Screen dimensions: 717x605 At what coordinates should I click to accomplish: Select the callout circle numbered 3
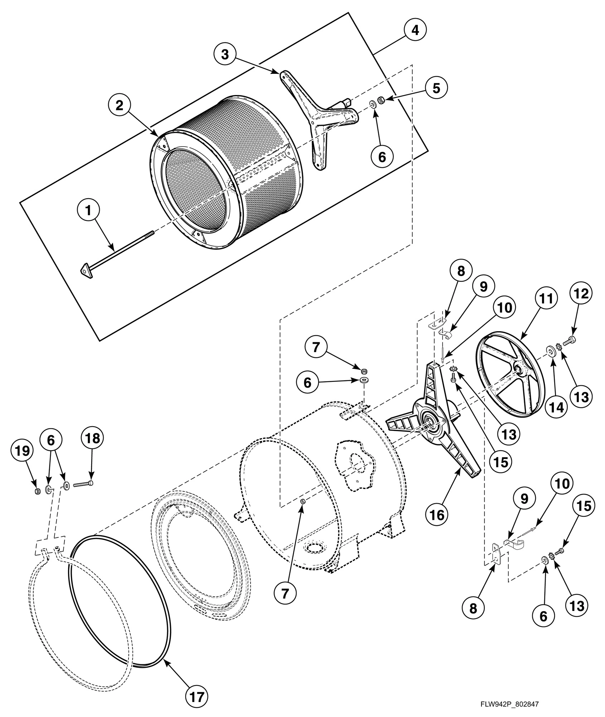[224, 54]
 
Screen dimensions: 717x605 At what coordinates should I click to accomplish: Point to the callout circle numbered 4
[415, 30]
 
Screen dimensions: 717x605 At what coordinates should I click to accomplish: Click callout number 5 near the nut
[436, 88]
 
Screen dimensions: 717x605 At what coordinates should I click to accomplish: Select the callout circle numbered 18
[92, 438]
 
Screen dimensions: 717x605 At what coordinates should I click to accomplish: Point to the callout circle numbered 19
[22, 451]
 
